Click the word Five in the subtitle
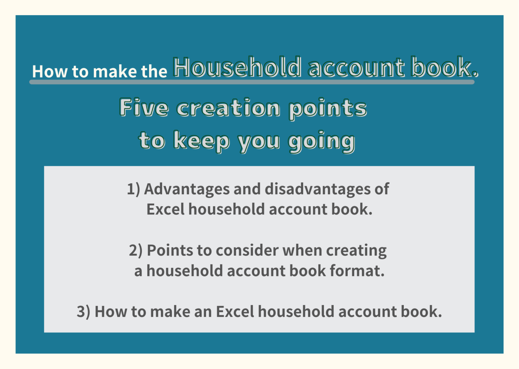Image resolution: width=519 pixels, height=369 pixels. (144, 108)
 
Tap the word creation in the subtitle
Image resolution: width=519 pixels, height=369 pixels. (228, 108)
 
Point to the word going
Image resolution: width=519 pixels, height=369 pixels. (321, 141)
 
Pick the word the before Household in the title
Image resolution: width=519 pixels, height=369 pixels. (154, 71)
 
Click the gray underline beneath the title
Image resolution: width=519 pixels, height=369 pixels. (252, 82)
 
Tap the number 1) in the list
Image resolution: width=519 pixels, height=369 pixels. (133, 189)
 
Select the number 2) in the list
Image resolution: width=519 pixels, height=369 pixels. (136, 251)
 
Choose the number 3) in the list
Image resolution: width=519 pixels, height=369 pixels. (83, 312)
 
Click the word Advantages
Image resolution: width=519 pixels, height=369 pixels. (187, 189)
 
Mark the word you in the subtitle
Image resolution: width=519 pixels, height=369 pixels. (259, 141)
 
